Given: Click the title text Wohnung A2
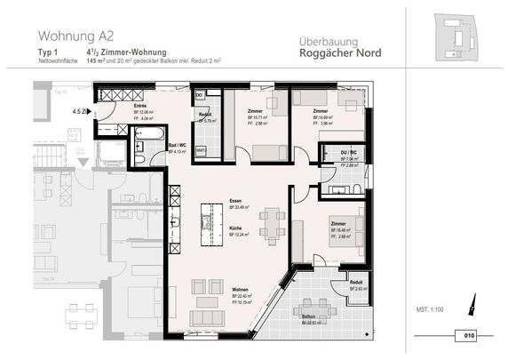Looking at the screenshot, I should coord(75,36).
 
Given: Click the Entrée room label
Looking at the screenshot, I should coord(139,106).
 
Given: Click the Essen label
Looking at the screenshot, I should coord(235,201).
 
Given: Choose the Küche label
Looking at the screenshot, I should coord(236,228).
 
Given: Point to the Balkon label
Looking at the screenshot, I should coord(308,316).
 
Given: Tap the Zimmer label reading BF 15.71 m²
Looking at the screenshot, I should coord(257,111).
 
